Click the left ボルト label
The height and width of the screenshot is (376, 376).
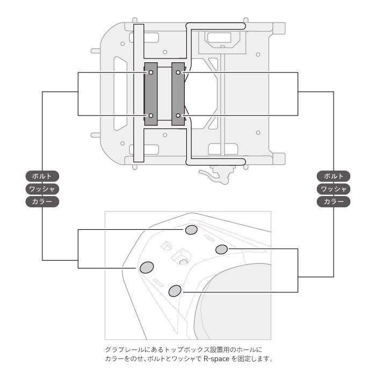point(42,176)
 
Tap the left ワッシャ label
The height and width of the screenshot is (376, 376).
point(42,189)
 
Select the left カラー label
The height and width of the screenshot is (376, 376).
point(42,202)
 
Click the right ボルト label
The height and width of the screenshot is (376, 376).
point(334,176)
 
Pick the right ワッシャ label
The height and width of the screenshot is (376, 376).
point(334,189)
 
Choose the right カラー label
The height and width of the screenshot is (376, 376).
point(334,202)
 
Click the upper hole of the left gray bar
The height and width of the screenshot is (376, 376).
point(151,72)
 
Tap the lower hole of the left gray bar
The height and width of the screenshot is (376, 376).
point(151,115)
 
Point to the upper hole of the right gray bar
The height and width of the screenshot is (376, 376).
point(178,72)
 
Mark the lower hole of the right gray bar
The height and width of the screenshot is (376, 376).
point(178,115)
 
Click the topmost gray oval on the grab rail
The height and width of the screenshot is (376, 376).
point(191,230)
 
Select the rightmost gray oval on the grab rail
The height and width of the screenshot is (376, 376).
point(221,249)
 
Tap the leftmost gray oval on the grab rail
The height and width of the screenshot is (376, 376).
point(147,267)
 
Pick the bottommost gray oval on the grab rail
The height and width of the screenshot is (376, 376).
point(175,291)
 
